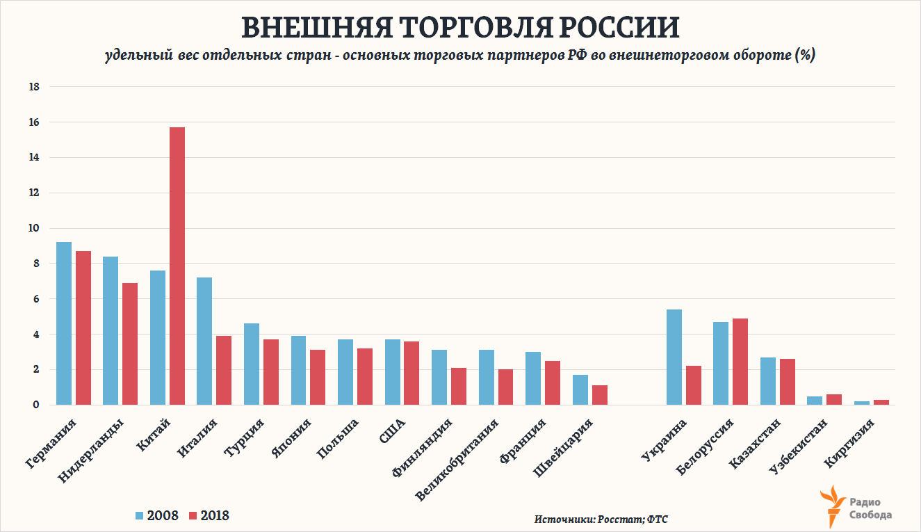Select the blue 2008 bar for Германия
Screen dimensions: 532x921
pos(64,323)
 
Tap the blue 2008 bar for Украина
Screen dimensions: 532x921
pos(674,357)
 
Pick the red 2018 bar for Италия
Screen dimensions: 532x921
pos(224,370)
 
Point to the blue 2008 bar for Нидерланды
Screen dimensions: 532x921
pos(111,330)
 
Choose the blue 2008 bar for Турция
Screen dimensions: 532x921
pos(252,364)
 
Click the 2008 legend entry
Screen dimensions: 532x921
pos(157,515)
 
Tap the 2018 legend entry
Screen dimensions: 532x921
pos(208,515)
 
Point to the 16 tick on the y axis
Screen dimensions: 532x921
pos(34,122)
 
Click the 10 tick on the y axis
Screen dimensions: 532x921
pos(34,228)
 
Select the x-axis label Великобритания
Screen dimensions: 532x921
pos(455,459)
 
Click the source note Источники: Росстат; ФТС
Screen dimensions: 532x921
pos(601,519)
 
